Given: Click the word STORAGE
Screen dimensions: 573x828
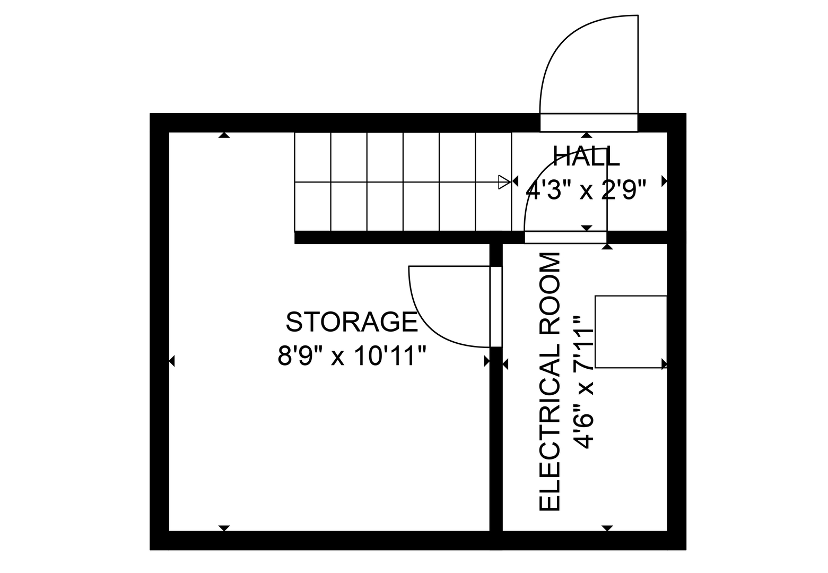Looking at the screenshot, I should (x=352, y=322).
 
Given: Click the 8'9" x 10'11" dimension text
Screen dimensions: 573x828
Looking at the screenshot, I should (x=352, y=356).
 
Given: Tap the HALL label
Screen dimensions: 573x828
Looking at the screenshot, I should (x=586, y=156).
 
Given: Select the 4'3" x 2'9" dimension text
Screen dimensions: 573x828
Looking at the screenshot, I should (x=586, y=190).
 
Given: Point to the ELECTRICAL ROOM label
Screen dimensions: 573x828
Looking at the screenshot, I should (x=550, y=381).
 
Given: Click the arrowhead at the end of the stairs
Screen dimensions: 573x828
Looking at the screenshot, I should (x=504, y=182).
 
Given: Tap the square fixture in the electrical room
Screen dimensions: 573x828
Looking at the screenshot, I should (x=631, y=332).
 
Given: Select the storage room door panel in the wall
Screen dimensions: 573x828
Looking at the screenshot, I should (x=496, y=307).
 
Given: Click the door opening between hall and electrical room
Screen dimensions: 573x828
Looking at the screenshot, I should (x=565, y=238).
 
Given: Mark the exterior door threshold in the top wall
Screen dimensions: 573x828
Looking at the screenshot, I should (x=589, y=123).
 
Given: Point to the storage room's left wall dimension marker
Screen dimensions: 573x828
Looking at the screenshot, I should (x=172, y=361).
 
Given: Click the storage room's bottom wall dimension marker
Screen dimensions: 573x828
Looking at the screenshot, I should (x=224, y=528).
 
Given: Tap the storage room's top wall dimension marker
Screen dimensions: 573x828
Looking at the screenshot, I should (x=224, y=135).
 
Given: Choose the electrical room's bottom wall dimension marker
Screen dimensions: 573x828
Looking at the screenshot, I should (x=607, y=528).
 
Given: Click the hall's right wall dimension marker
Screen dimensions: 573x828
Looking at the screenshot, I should (x=664, y=181).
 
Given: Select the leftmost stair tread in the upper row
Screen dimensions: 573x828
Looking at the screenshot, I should (x=312, y=157).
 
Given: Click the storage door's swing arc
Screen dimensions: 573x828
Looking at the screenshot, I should (x=424, y=324).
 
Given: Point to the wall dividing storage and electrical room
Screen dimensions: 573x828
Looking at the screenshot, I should (x=496, y=440).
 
